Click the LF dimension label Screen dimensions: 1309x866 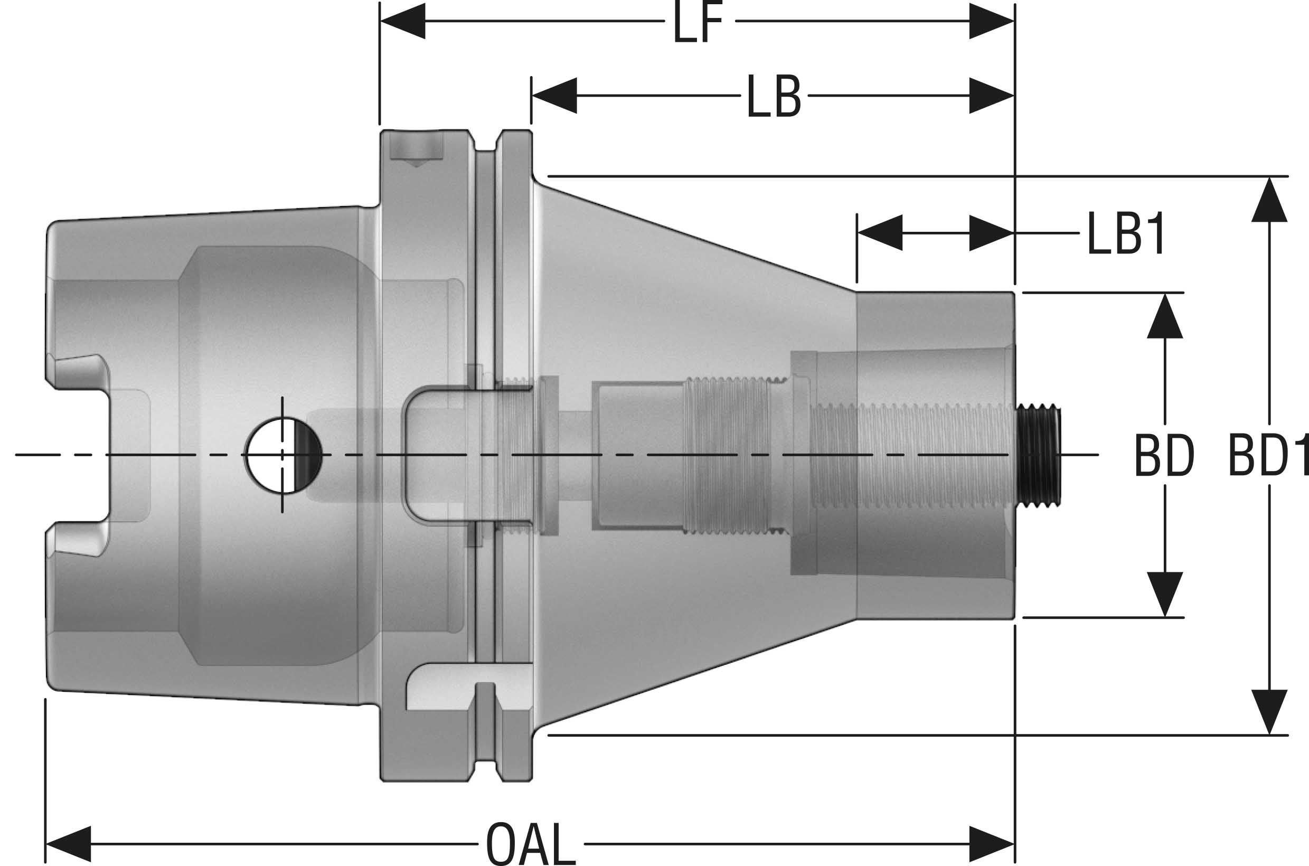click(x=698, y=24)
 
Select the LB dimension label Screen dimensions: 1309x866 click(x=773, y=97)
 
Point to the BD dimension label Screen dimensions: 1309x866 click(x=1164, y=456)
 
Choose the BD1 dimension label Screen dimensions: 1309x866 click(x=1267, y=456)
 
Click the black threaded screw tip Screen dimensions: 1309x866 click(x=1038, y=454)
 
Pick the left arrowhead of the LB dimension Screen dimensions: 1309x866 click(x=554, y=96)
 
